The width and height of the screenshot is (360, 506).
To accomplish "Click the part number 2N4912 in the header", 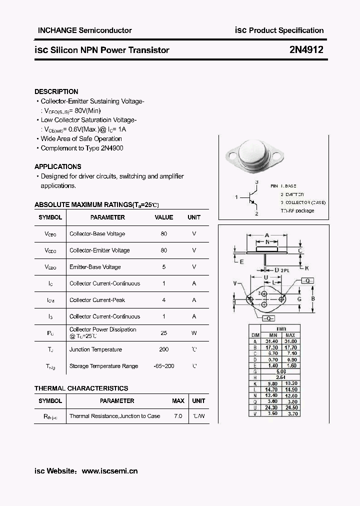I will [x=306, y=50].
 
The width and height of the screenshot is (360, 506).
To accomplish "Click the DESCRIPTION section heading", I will [x=56, y=91].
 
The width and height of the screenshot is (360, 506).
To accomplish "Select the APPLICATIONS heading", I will [x=57, y=166].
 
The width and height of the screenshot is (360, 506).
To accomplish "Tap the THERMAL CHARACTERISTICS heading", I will [x=81, y=388].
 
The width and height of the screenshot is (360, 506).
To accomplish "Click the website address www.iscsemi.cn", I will [x=109, y=470].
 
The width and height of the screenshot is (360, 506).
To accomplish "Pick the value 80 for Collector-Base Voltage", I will [x=164, y=234].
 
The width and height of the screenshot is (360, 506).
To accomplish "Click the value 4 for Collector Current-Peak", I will [x=164, y=300].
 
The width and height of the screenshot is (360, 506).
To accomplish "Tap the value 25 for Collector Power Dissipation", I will [x=164, y=332].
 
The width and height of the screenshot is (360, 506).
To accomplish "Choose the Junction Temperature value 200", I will [x=164, y=349].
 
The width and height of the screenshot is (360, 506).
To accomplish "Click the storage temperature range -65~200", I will [x=164, y=366].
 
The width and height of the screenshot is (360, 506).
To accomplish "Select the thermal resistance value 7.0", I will [x=178, y=416].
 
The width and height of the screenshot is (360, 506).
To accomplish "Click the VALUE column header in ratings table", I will [x=164, y=217].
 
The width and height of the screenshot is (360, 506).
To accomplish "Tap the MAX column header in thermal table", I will [x=178, y=401].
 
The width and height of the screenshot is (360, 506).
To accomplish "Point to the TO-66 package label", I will [x=297, y=210].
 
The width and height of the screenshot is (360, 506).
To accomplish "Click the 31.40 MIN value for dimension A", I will [x=273, y=340].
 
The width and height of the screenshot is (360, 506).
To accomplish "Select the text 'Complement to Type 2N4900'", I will [x=82, y=148].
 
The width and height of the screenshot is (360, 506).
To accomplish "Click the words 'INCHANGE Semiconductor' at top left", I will [x=85, y=30].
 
